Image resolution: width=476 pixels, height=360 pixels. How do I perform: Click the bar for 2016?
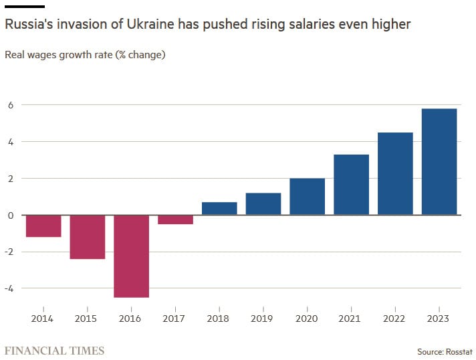131,256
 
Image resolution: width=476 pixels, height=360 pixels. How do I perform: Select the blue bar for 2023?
439,161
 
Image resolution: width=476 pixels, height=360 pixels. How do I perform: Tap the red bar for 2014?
43,226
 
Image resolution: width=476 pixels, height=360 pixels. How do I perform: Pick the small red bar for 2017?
175,219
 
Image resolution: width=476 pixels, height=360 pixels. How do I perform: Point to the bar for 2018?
219,208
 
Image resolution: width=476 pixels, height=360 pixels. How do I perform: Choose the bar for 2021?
351,185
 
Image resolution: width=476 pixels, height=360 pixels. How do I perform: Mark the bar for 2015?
88,237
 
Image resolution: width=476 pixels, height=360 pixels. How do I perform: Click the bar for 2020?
308,197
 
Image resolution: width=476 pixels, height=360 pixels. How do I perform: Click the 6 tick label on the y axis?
11,105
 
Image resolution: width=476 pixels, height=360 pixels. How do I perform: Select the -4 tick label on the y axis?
9,288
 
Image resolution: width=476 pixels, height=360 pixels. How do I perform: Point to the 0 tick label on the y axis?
11,215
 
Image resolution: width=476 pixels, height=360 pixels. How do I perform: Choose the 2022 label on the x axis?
395,319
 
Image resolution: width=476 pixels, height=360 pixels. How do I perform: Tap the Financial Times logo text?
55,351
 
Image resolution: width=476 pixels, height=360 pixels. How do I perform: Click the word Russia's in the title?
28,25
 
